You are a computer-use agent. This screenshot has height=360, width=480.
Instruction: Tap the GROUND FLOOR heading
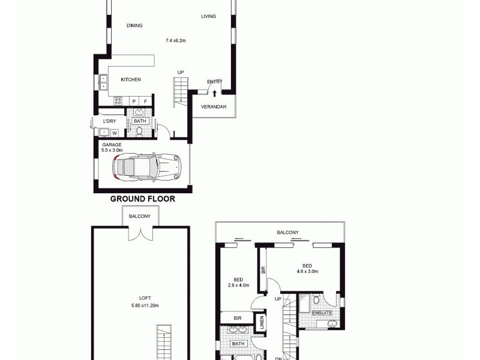pos(142,199)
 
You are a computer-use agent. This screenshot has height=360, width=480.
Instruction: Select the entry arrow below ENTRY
pos(214,93)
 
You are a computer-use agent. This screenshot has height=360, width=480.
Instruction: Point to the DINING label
pos(134,25)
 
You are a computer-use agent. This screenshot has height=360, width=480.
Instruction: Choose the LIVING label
pos(208,16)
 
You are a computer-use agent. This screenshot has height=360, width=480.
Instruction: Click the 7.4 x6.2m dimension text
pos(176,41)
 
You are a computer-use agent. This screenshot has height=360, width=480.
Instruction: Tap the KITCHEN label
pos(131,80)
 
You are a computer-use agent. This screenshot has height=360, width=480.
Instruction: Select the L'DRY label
pos(109,121)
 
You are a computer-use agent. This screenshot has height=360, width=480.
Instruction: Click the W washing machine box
pos(113,132)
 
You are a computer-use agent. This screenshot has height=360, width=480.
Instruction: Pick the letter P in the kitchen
pos(134,101)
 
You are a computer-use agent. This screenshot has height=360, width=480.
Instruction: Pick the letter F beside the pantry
pos(145,101)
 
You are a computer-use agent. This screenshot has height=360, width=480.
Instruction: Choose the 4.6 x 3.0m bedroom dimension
pos(307,271)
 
